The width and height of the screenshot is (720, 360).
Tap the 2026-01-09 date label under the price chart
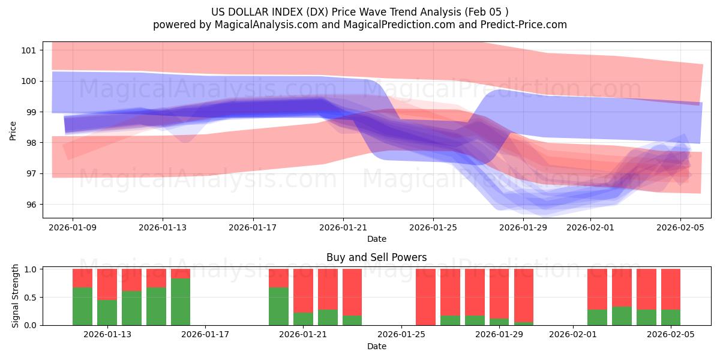click(73, 227)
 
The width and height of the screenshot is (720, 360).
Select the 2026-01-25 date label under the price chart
click(433, 227)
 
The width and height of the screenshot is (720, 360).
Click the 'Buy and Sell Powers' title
click(376, 257)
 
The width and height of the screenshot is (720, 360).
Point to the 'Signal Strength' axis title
click(16, 296)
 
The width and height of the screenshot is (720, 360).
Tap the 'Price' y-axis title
click(13, 130)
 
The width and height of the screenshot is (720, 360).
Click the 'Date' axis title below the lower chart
click(376, 346)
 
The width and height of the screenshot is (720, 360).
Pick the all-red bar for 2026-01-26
click(425, 297)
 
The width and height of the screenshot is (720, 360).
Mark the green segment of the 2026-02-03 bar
click(622, 316)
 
